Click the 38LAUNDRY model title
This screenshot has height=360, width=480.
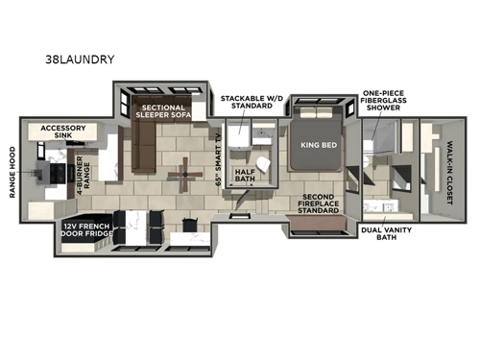click(80, 60)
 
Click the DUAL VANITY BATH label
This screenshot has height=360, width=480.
click(382, 235)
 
